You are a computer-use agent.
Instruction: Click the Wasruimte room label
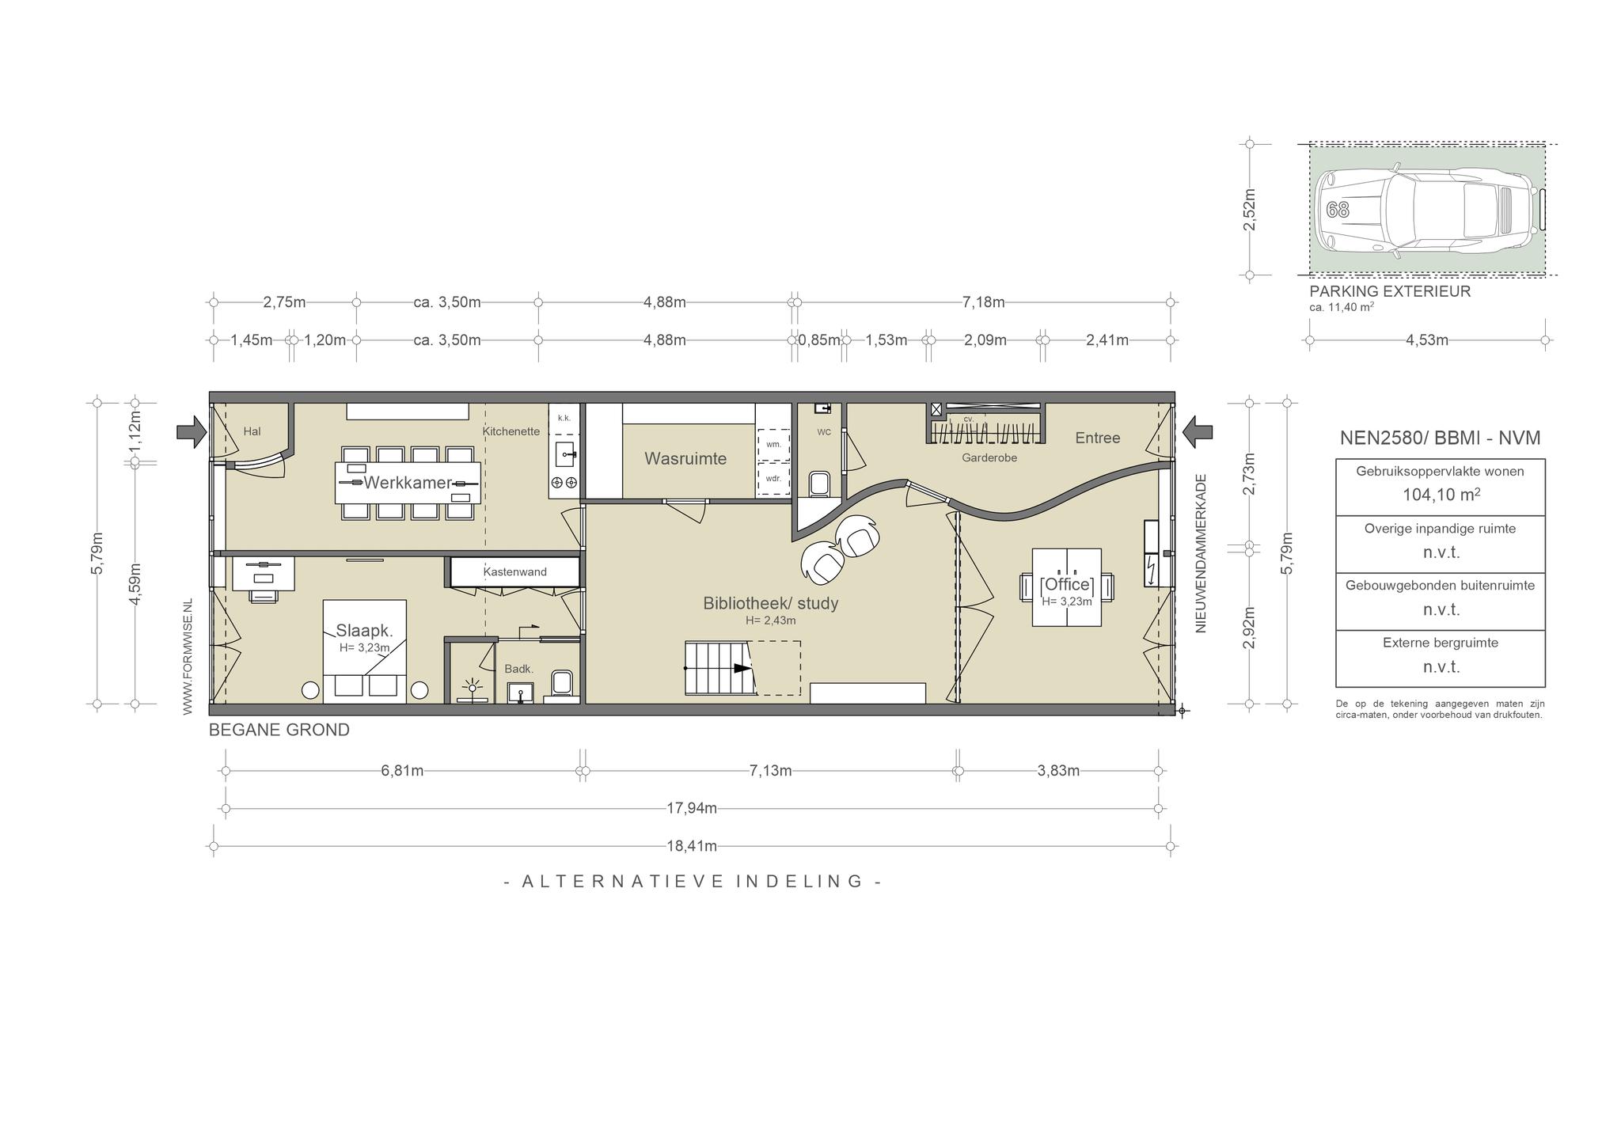[685, 458]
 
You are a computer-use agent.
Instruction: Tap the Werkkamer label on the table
[408, 482]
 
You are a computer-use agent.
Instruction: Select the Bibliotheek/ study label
[770, 603]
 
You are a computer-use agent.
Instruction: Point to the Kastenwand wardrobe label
[514, 571]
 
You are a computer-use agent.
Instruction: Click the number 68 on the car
[1338, 210]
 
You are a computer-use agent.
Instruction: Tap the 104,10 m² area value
[1441, 495]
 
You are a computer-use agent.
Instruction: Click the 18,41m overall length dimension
[691, 846]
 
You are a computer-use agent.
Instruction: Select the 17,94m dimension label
[691, 808]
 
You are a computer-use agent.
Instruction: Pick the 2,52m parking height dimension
[1250, 210]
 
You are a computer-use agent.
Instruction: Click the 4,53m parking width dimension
[1427, 340]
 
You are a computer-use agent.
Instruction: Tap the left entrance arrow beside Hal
[192, 431]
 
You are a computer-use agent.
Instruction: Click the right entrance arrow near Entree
[1198, 431]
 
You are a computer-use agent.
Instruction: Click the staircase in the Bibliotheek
[719, 669]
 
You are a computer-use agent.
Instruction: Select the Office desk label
[1066, 585]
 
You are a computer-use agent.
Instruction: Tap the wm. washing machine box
[773, 444]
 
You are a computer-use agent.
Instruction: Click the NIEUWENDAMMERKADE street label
[1201, 553]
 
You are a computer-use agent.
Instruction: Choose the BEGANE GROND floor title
[279, 730]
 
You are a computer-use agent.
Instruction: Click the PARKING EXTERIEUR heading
[1390, 291]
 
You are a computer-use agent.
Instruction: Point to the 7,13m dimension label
[770, 771]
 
